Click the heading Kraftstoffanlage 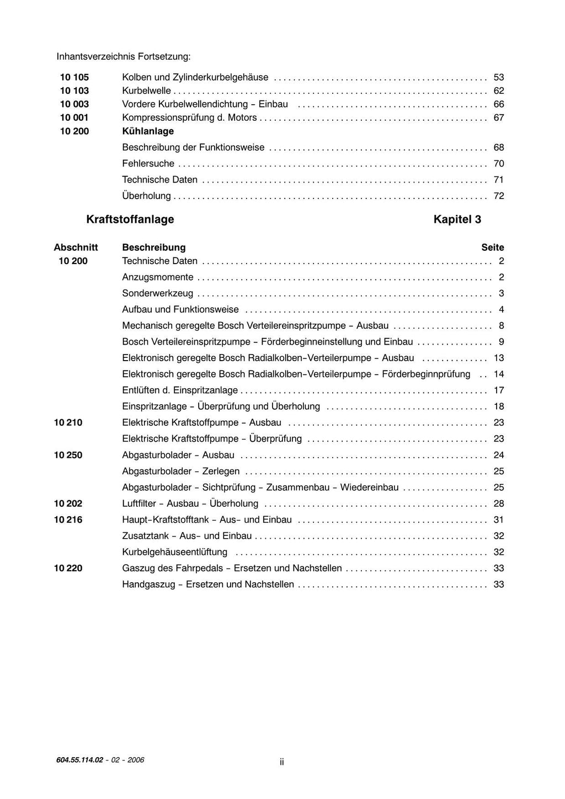tap(130, 219)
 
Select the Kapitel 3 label tap(457, 219)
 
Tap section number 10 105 tap(74, 77)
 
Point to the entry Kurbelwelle tap(146, 91)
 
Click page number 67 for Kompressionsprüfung tap(499, 117)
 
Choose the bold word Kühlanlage tap(148, 131)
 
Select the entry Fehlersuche tap(148, 164)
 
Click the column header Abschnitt tap(76, 248)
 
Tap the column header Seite tap(493, 248)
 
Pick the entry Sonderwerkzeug tap(158, 293)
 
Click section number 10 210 tap(68, 423)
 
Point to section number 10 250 tap(68, 455)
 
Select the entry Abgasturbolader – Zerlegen tap(181, 471)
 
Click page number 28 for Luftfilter tap(499, 503)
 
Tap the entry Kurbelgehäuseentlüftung tap(174, 552)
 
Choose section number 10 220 tap(68, 569)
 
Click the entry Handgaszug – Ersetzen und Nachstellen tap(208, 584)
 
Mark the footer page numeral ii tap(281, 762)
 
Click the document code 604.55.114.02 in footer tap(79, 760)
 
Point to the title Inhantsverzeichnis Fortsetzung tap(124, 57)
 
